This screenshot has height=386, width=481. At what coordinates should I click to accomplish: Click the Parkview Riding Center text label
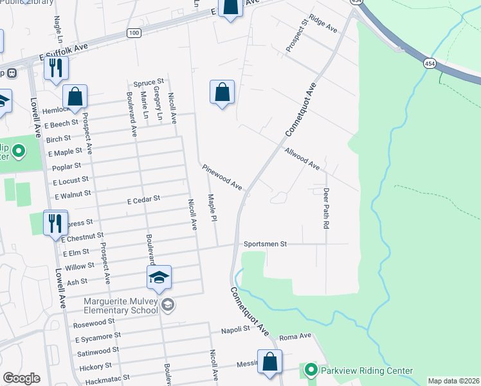pyautogui.click(x=367, y=370)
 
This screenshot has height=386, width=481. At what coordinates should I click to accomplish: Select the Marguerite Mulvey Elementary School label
pyautogui.click(x=121, y=306)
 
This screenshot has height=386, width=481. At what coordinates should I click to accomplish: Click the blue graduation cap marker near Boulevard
pyautogui.click(x=159, y=277)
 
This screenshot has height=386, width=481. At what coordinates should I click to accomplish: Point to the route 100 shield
pyautogui.click(x=133, y=33)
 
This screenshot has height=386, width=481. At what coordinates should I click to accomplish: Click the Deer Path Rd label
pyautogui.click(x=326, y=208)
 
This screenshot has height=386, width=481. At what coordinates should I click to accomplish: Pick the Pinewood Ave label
pyautogui.click(x=222, y=177)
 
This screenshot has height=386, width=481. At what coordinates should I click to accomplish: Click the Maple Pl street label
pyautogui.click(x=210, y=208)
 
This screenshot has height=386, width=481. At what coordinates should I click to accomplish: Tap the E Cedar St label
pyautogui.click(x=143, y=200)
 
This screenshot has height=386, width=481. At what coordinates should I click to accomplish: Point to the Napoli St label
pyautogui.click(x=235, y=329)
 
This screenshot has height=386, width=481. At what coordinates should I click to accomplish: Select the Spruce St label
pyautogui.click(x=149, y=83)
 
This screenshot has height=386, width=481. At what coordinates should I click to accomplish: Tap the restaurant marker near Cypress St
pyautogui.click(x=55, y=223)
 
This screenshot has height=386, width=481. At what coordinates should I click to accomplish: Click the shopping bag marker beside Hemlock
pyautogui.click(x=75, y=96)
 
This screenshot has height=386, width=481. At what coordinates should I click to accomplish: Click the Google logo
pyautogui.click(x=21, y=378)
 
